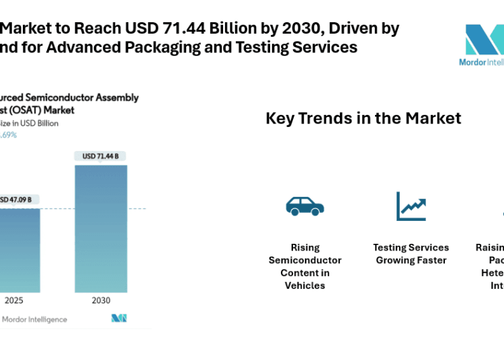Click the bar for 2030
pyautogui.click(x=101, y=228)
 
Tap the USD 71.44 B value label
pyautogui.click(x=100, y=156)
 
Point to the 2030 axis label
pyautogui.click(x=100, y=300)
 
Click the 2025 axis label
pyautogui.click(x=13, y=300)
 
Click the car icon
pyautogui.click(x=304, y=206)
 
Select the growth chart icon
pyautogui.click(x=411, y=206)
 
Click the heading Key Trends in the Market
pyautogui.click(x=363, y=118)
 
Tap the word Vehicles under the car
pyautogui.click(x=305, y=285)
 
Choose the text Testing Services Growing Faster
pyautogui.click(x=411, y=254)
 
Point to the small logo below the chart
pyautogui.click(x=119, y=318)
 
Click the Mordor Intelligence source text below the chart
pyautogui.click(x=34, y=319)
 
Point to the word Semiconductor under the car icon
pyautogui.click(x=305, y=260)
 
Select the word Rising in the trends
pyautogui.click(x=305, y=247)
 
